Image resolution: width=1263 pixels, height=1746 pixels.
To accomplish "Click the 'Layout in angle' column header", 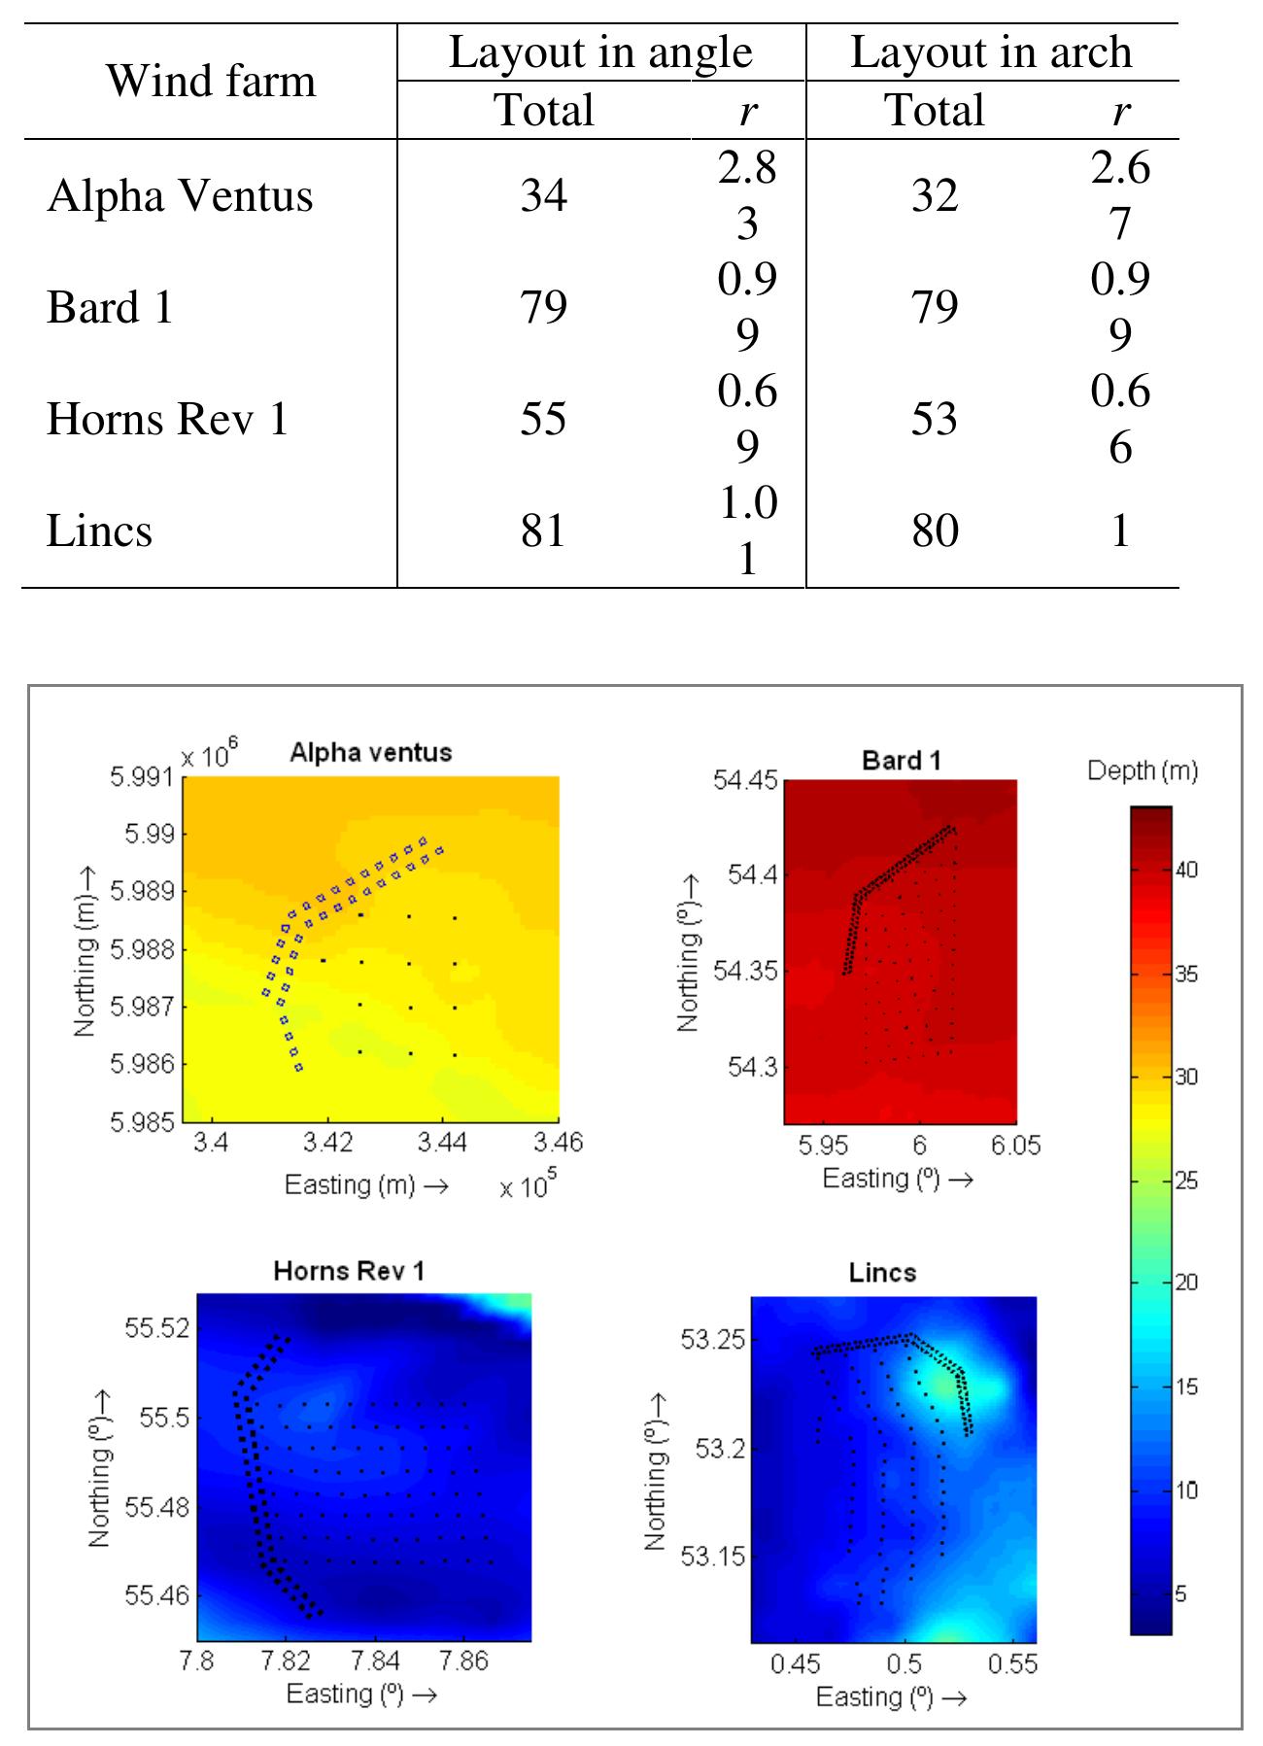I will coord(600,52).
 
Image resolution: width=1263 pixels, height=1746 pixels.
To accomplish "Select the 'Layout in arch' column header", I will coord(991,52).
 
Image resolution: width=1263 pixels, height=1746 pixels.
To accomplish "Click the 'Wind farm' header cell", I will coord(211,81).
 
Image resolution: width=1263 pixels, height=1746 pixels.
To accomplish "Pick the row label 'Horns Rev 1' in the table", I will coord(167,420).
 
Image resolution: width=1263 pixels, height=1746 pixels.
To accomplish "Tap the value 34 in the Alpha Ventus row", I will coord(543,196).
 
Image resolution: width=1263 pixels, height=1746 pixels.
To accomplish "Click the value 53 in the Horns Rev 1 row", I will coord(934,420).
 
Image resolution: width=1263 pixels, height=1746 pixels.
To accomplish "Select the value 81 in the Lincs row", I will coord(543,531).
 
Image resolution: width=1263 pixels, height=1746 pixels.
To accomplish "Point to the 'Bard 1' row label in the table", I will coord(109,308).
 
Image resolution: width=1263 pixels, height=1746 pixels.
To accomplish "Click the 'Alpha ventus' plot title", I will coord(370,752).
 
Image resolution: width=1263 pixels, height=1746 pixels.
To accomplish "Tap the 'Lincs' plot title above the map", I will coord(882,1272).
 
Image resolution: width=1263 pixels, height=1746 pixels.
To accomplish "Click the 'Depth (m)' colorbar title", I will coord(1142,771).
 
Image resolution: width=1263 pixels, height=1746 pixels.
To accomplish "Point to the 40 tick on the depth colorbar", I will coord(1186,871).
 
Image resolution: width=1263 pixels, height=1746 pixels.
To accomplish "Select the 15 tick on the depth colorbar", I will coord(1186,1387).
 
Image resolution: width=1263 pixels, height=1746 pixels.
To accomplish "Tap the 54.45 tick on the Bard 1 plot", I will coord(746,781).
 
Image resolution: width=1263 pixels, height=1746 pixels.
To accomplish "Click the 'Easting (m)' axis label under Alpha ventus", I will coord(365,1184).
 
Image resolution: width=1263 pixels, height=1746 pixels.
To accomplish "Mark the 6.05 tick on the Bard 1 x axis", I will coord(1015,1146).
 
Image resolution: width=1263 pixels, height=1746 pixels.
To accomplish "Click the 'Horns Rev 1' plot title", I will coord(349,1271).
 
